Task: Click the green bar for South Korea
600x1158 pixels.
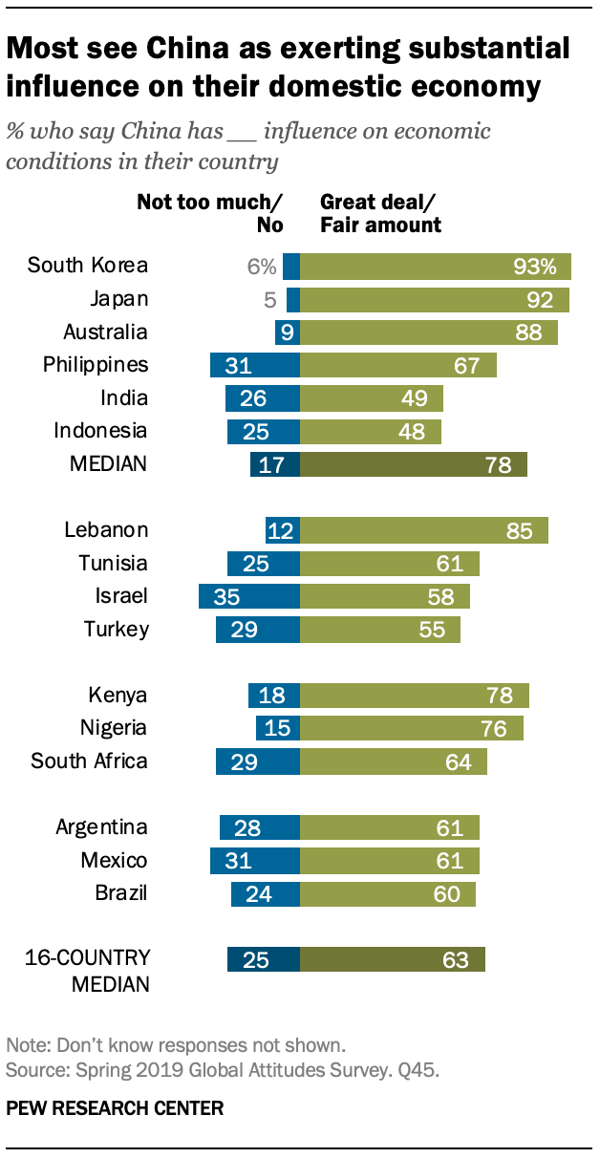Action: pyautogui.click(x=436, y=267)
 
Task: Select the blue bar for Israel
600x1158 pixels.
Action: pyautogui.click(x=249, y=596)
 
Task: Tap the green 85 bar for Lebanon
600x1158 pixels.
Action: pyautogui.click(x=424, y=530)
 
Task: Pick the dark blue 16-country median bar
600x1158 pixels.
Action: pyautogui.click(x=264, y=959)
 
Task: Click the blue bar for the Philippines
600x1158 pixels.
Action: pyautogui.click(x=255, y=365)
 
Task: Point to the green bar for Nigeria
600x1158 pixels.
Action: pyautogui.click(x=412, y=728)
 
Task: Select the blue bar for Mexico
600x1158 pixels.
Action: pyautogui.click(x=255, y=861)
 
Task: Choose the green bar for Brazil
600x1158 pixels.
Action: pyautogui.click(x=388, y=894)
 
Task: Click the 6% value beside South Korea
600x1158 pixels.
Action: pyautogui.click(x=261, y=267)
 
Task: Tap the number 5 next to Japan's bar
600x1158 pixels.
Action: pyautogui.click(x=269, y=300)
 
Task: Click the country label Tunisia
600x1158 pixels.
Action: pyautogui.click(x=113, y=563)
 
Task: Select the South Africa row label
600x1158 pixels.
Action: pyautogui.click(x=90, y=761)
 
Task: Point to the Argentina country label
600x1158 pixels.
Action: pyautogui.click(x=101, y=827)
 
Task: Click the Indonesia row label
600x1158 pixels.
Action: pyautogui.click(x=99, y=431)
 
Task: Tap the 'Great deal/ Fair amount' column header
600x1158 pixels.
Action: pyautogui.click(x=380, y=213)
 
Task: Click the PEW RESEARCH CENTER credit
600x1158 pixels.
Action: pyautogui.click(x=115, y=1108)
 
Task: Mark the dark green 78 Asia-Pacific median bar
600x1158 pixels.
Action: pyautogui.click(x=413, y=464)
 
